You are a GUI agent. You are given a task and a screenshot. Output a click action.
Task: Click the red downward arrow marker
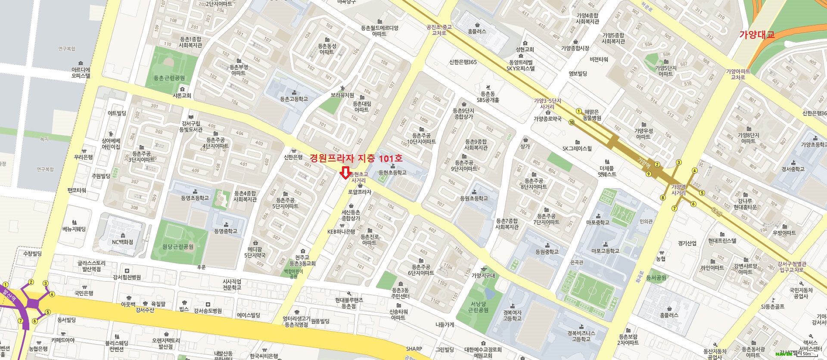[345, 173]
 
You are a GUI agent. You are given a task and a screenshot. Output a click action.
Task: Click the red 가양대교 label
[756, 34]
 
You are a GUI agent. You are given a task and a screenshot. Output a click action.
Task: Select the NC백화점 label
[122, 242]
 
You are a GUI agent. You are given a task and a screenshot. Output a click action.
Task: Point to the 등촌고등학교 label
[294, 99]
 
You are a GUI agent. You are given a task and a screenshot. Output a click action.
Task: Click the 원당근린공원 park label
[178, 247]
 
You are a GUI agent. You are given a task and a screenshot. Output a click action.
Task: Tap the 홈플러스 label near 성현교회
[477, 31]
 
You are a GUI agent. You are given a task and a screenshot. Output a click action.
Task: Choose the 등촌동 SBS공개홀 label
[488, 97]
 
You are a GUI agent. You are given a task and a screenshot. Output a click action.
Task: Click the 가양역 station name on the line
[643, 162]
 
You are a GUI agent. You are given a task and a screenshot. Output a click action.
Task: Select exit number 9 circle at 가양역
[648, 174]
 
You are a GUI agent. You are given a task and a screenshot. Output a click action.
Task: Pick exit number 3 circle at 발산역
[46, 283]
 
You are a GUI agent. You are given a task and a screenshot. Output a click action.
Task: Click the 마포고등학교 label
[605, 251]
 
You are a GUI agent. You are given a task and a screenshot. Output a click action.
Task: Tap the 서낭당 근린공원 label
[478, 307]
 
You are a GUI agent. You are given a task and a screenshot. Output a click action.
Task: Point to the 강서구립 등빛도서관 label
[191, 127]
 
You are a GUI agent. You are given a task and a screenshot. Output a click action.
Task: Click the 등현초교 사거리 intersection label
[358, 177]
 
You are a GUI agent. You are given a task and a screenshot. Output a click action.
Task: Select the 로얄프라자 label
[359, 192]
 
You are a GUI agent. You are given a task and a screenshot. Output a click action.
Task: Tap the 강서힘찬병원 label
[127, 277]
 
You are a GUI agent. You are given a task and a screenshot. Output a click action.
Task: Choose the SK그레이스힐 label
[577, 148]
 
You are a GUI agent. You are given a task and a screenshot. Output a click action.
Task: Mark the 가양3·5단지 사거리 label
[547, 104]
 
